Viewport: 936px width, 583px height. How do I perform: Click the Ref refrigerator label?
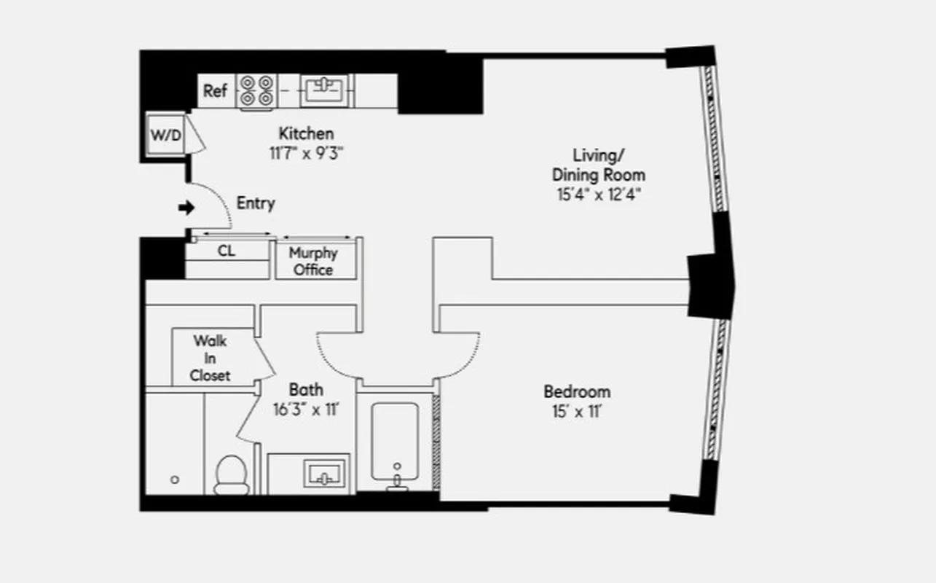[x=215, y=91]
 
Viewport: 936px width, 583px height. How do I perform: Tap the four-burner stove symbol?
[x=256, y=92]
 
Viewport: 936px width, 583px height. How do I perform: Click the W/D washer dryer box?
[x=165, y=136]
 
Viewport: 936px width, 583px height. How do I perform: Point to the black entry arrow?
[x=186, y=208]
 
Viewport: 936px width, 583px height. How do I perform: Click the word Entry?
[x=256, y=203]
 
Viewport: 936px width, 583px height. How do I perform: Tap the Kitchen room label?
[x=306, y=133]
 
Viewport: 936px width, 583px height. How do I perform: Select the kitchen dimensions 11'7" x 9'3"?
[x=306, y=153]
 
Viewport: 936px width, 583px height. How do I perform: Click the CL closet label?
[x=227, y=251]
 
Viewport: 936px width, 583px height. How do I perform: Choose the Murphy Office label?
[x=313, y=261]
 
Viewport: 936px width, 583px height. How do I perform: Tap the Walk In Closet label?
[x=210, y=358]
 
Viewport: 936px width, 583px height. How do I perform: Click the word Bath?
[x=306, y=389]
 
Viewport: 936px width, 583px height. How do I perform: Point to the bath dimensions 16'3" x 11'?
[x=306, y=410]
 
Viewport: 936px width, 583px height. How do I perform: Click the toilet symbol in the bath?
[x=232, y=474]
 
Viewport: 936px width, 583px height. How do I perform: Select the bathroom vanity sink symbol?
[x=320, y=474]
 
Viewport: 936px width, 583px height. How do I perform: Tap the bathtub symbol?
[x=395, y=443]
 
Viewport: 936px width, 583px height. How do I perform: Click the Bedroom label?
[x=577, y=391]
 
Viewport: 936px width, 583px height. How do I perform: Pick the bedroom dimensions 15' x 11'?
[x=577, y=412]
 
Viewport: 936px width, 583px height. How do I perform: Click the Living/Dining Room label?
[x=598, y=165]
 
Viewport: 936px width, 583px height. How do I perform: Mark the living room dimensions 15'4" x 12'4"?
[x=598, y=195]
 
